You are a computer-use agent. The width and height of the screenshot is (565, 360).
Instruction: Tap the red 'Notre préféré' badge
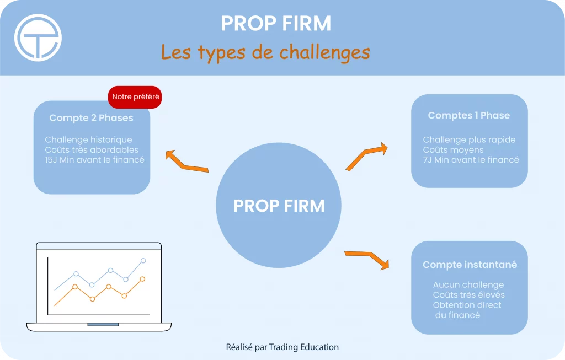(x=135, y=97)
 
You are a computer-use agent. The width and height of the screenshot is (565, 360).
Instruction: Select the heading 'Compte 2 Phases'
(x=91, y=118)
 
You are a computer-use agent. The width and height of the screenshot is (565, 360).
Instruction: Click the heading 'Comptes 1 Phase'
(x=469, y=115)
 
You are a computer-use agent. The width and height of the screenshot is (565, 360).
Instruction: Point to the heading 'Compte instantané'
(x=470, y=265)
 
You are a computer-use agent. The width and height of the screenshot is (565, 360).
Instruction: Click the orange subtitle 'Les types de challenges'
(x=265, y=52)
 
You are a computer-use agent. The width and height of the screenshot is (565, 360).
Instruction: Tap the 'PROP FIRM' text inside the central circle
(x=279, y=206)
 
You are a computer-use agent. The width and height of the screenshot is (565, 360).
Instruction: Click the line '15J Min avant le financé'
(x=94, y=160)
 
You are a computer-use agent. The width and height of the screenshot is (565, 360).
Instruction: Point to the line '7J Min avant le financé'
(x=471, y=160)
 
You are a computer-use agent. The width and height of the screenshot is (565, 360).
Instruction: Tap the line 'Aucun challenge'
(x=468, y=285)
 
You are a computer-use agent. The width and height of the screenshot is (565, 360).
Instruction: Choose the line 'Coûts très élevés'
(x=469, y=295)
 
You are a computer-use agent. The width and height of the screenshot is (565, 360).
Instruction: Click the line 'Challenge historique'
(x=88, y=139)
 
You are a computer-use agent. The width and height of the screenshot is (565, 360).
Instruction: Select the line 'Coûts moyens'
(x=454, y=150)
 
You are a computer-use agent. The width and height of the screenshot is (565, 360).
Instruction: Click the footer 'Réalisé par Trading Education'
(x=282, y=347)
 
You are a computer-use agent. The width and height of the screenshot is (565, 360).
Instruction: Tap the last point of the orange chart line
(x=142, y=279)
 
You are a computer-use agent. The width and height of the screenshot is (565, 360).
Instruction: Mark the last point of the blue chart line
(x=143, y=261)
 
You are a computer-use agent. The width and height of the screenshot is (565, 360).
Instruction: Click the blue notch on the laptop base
(x=103, y=324)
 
